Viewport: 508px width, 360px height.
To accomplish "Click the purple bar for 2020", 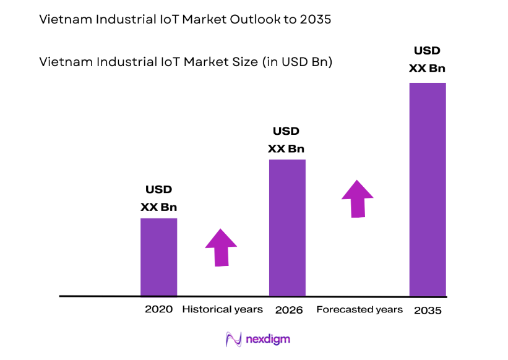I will tap(159, 257).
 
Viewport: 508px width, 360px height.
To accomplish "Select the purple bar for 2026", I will tap(287, 228).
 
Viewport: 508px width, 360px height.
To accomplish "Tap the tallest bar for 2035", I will tap(428, 189).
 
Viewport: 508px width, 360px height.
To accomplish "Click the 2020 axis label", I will tap(159, 309).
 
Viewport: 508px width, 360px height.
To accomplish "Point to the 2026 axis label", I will tap(288, 310).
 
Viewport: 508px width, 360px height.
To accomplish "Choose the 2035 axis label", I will tap(427, 310).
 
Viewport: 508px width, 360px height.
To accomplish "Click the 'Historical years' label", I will tap(222, 309).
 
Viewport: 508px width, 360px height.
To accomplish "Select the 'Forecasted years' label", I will tap(359, 309).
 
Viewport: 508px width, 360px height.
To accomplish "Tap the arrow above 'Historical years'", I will tap(221, 247).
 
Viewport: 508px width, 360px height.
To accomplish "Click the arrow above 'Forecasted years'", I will tap(358, 199).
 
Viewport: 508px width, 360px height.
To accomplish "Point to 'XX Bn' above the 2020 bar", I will tap(159, 207).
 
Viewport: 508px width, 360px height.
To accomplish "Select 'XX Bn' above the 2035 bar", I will tap(427, 68).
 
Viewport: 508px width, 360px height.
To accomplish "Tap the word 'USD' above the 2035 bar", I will tap(427, 51).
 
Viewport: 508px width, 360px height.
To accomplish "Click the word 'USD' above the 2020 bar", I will tap(159, 190).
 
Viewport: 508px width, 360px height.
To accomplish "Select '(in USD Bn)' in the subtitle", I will tap(297, 62).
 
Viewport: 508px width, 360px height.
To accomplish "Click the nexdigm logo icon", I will tap(233, 339).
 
